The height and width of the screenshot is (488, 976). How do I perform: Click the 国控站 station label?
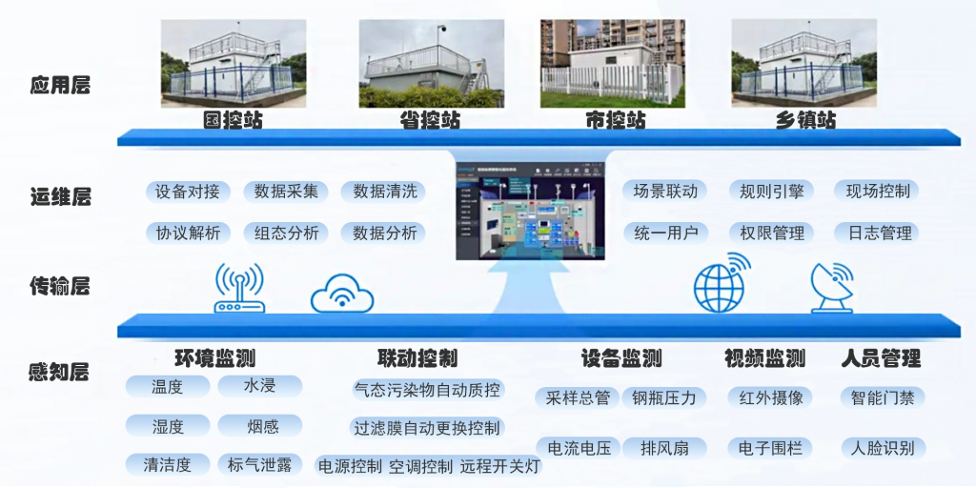233,121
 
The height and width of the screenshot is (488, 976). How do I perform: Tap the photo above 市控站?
613,63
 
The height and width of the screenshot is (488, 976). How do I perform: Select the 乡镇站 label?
805,121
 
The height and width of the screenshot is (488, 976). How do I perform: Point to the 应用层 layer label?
59,85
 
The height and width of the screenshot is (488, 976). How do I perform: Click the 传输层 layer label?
59,285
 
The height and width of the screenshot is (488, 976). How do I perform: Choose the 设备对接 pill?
188,192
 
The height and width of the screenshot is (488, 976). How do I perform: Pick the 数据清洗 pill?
384,192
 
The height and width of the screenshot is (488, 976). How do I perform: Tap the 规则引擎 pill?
771,192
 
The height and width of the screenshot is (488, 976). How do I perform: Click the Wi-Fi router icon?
239,289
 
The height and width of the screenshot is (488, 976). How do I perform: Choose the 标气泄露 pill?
259,465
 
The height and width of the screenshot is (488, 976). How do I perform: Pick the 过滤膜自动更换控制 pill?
426,428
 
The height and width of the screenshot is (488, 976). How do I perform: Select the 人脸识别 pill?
882,447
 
